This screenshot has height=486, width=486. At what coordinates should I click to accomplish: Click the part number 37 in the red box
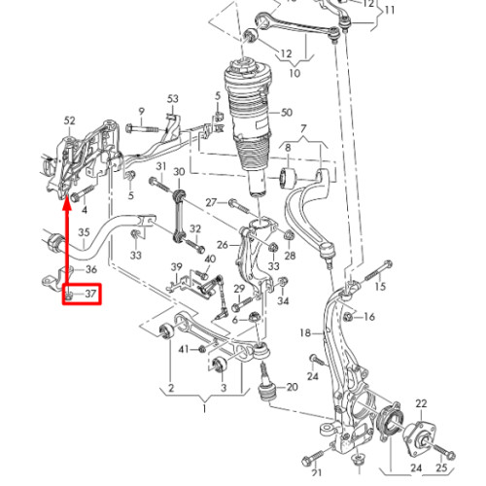pyautogui.click(x=90, y=294)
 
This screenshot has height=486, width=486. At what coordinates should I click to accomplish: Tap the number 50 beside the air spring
pyautogui.click(x=287, y=113)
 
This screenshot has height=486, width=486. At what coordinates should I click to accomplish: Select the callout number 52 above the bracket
pyautogui.click(x=70, y=121)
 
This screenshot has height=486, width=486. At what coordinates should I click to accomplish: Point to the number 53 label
pyautogui.click(x=173, y=98)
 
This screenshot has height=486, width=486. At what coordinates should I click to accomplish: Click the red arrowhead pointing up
pyautogui.click(x=67, y=204)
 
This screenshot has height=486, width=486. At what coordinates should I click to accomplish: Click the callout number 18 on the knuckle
pyautogui.click(x=305, y=332)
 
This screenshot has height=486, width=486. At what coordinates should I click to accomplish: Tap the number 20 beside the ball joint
pyautogui.click(x=293, y=387)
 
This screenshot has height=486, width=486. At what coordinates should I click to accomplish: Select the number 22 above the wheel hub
pyautogui.click(x=421, y=403)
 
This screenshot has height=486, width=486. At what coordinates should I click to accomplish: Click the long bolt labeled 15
pyautogui.click(x=379, y=270)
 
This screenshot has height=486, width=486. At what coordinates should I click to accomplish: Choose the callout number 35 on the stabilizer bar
pyautogui.click(x=84, y=232)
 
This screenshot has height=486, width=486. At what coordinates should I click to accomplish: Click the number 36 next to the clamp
pyautogui.click(x=91, y=269)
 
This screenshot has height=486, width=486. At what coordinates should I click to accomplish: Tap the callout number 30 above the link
pyautogui.click(x=179, y=172)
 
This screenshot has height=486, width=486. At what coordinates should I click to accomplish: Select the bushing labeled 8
pyautogui.click(x=288, y=178)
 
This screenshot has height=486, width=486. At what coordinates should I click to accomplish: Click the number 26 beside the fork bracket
pyautogui.click(x=223, y=245)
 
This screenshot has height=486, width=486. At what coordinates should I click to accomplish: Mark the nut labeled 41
pyautogui.click(x=202, y=349)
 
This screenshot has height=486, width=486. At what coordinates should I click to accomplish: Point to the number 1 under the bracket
pyautogui.click(x=204, y=408)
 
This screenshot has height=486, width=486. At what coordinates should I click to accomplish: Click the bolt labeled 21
pyautogui.click(x=312, y=458)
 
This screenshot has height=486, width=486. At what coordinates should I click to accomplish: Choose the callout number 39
pyautogui.click(x=177, y=267)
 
